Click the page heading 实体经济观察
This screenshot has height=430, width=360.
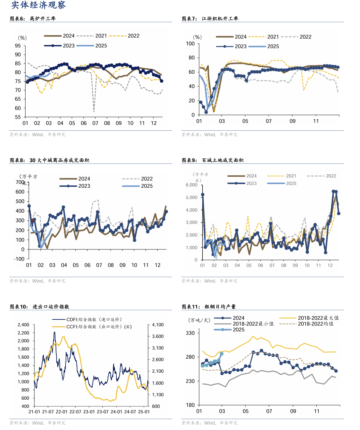click(39, 5)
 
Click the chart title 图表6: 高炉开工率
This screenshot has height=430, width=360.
click(33, 19)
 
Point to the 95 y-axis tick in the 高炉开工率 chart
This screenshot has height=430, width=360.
click(18, 46)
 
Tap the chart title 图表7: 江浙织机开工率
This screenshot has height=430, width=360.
click(210, 19)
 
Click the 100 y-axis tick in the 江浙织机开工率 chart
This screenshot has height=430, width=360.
click(190, 44)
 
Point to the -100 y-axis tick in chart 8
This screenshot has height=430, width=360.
click(19, 259)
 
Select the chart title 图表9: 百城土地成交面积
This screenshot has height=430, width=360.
click(213, 160)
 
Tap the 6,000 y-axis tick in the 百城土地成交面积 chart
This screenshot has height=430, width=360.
click(191, 185)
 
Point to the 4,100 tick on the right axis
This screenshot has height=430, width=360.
click(158, 325)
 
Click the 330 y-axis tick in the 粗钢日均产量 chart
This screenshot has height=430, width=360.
click(190, 333)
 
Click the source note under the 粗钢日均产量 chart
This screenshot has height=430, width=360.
click(209, 423)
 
